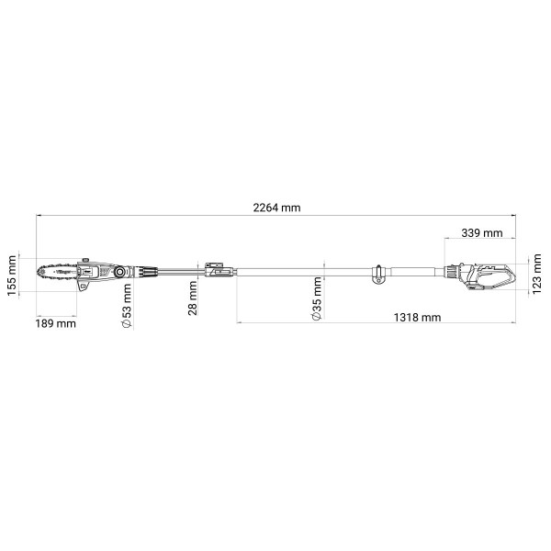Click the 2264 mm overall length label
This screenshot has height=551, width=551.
click(x=277, y=208)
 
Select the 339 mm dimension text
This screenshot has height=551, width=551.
click(x=482, y=232)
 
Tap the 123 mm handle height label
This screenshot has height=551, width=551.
click(x=536, y=274)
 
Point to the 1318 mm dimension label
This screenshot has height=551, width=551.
click(x=417, y=318)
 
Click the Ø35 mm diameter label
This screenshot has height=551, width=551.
click(x=317, y=298)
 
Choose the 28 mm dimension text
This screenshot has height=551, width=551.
click(x=193, y=298)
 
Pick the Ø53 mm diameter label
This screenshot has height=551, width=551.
click(x=127, y=306)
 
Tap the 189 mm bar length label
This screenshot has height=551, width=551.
click(x=55, y=323)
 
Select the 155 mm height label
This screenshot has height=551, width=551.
click(x=12, y=275)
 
